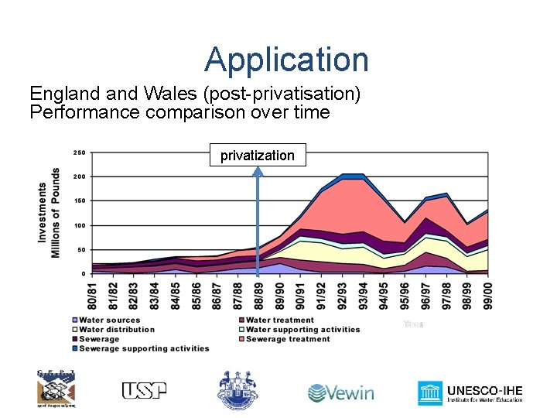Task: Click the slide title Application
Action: tap(286, 60)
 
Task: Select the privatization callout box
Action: tap(258, 156)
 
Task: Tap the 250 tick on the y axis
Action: tap(79, 152)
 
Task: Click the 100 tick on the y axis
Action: tap(79, 225)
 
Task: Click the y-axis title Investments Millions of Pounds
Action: tap(50, 213)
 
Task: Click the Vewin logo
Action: tap(340, 392)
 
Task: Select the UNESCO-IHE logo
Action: tap(470, 393)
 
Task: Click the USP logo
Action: tap(145, 391)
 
